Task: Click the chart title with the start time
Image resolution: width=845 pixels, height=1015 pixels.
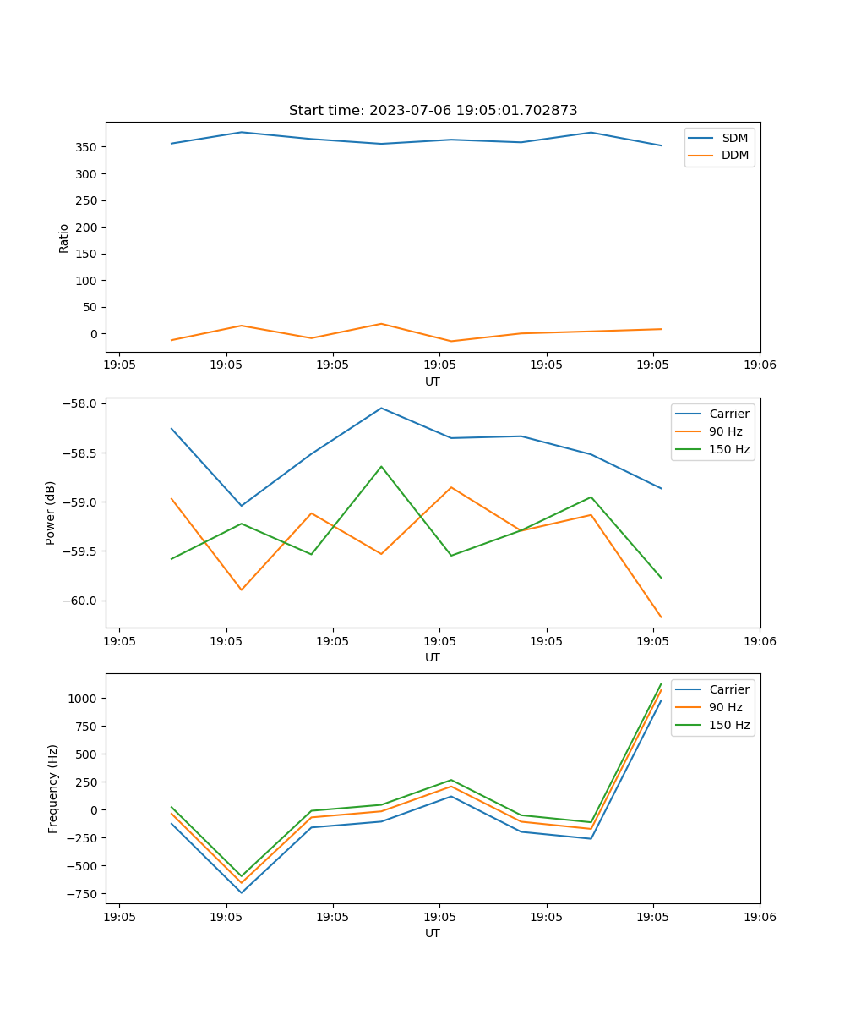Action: point(433,111)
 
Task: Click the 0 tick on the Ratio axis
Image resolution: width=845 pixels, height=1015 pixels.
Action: point(95,334)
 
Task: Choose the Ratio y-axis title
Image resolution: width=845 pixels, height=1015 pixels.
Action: point(64,238)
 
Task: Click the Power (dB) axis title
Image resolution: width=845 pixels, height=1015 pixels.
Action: point(51,513)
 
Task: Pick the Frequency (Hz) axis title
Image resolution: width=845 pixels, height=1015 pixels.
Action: point(53,788)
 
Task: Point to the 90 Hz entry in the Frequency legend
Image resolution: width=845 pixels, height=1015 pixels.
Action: point(725,707)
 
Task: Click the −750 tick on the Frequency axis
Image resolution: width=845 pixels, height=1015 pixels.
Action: point(83,894)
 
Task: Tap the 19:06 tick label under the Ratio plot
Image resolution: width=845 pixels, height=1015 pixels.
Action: point(759,366)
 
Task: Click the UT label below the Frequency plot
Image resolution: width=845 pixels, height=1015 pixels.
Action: point(433,933)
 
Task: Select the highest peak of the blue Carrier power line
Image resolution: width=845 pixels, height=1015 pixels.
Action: point(381,408)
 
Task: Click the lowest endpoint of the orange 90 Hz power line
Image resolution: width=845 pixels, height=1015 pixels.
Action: point(661,617)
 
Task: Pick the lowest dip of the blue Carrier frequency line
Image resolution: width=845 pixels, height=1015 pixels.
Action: point(242,892)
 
